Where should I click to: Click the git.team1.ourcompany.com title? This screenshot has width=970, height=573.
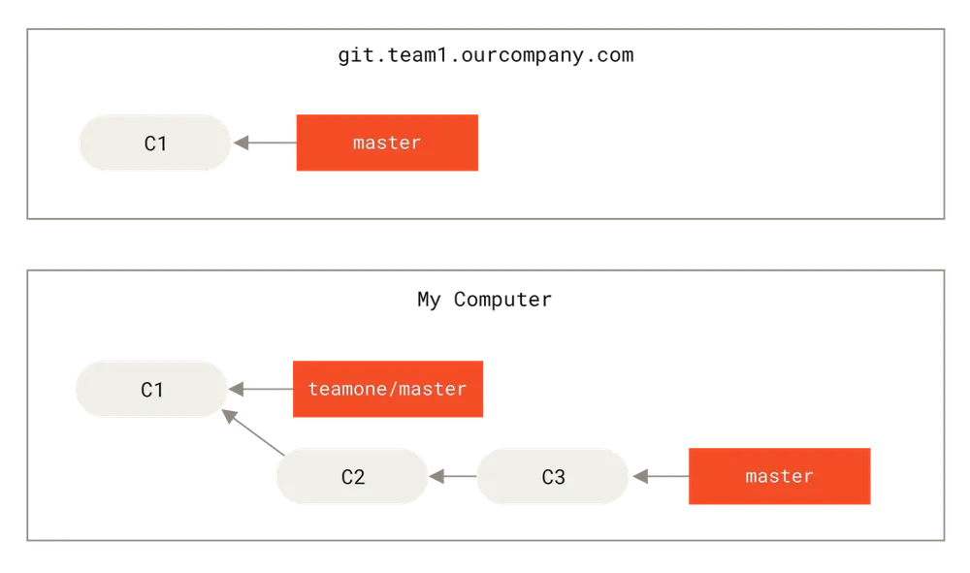click(x=486, y=55)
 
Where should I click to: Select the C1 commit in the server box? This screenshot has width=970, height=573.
click(x=154, y=143)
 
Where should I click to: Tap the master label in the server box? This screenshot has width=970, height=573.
click(x=387, y=143)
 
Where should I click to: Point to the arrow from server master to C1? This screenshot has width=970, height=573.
click(x=265, y=143)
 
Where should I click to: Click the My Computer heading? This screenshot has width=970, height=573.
click(x=484, y=300)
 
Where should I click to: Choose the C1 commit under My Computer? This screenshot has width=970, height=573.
click(x=151, y=389)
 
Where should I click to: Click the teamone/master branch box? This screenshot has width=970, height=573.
click(x=388, y=389)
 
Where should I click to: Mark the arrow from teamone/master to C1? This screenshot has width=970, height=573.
click(x=260, y=389)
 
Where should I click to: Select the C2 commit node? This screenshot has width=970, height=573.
click(x=353, y=477)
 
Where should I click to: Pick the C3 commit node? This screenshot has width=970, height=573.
click(x=553, y=477)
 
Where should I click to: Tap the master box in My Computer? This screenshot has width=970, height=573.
click(x=780, y=477)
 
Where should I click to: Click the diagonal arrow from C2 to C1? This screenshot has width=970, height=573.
click(x=253, y=432)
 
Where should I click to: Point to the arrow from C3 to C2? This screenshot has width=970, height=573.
click(x=453, y=477)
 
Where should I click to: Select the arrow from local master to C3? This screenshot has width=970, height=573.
click(x=661, y=477)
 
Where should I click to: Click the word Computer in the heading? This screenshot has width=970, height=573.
click(x=502, y=301)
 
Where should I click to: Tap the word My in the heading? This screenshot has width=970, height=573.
click(x=429, y=301)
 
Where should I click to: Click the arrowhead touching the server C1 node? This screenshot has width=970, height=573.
click(x=241, y=143)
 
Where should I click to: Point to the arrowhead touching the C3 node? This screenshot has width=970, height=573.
click(x=639, y=477)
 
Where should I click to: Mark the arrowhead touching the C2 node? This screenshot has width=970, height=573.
click(x=436, y=477)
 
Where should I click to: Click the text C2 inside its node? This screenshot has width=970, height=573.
click(x=353, y=477)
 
